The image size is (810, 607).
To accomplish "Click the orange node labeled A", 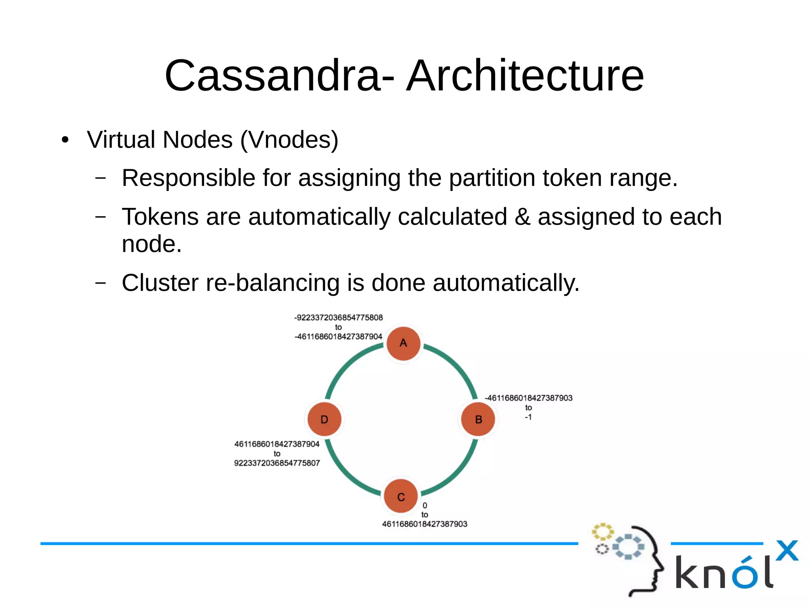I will (x=403, y=343).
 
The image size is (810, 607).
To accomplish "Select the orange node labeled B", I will (x=478, y=419).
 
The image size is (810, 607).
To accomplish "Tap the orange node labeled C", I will (x=401, y=496).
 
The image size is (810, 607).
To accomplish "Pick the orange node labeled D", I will (x=324, y=419).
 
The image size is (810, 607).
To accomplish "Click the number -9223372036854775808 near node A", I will (x=339, y=318).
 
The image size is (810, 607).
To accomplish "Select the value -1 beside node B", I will (x=528, y=417).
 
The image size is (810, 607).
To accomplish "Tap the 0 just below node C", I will (x=425, y=505).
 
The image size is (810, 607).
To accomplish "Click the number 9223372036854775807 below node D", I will (x=277, y=463).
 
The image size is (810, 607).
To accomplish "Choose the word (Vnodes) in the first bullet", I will (x=289, y=140).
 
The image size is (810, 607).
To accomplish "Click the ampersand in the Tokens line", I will (x=522, y=217).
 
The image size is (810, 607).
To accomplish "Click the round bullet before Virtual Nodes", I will (x=65, y=140).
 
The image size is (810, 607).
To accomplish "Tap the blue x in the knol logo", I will (x=787, y=550).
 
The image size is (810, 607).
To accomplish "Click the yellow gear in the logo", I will (x=602, y=532).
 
